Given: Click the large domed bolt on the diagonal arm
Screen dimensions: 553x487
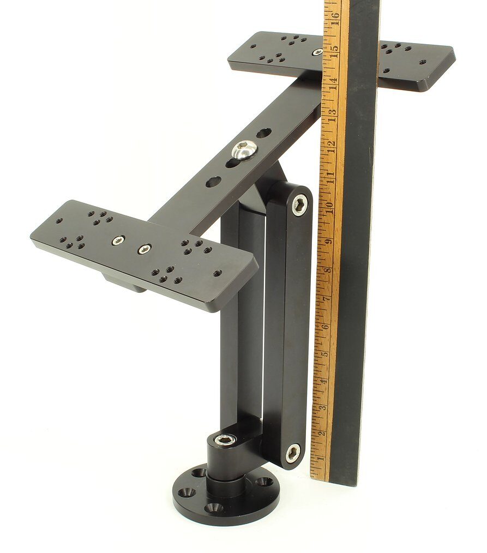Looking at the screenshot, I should [244, 149].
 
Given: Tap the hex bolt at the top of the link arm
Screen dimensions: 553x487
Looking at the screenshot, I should [299, 205].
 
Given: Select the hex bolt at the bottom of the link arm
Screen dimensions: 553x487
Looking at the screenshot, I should [293, 452].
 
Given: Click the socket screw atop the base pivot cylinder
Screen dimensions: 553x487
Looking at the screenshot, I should [224, 439].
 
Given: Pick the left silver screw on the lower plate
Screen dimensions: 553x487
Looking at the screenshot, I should [118, 241].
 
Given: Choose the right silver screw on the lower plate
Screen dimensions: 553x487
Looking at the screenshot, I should [145, 249].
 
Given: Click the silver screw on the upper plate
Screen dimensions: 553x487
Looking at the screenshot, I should [317, 52].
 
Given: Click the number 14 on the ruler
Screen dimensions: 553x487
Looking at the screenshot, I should [332, 82].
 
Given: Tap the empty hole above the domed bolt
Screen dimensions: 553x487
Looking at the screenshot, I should [263, 133].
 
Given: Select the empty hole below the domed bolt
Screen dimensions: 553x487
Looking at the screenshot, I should [213, 181].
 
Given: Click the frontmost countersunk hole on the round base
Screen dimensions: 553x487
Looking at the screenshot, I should [213, 508].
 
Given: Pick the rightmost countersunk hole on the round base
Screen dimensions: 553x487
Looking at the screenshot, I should [264, 482].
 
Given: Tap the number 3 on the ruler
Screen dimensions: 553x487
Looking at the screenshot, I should [323, 407].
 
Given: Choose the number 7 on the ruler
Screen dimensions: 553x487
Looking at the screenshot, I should [326, 299].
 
